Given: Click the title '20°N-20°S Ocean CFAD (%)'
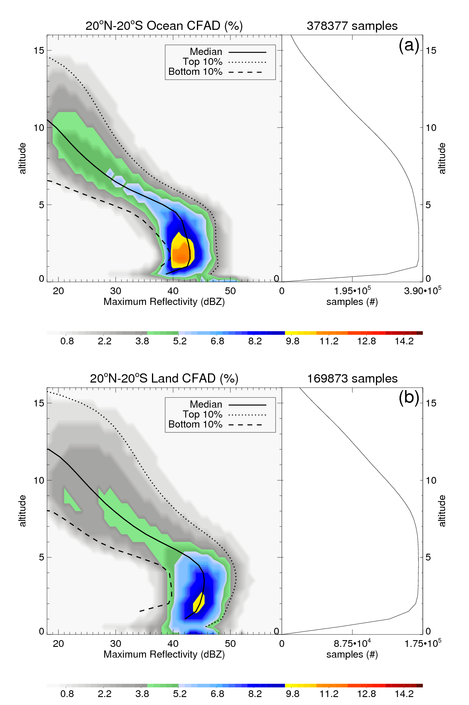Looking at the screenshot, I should click(x=164, y=26).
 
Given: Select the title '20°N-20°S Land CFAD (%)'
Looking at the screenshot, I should click(x=164, y=378).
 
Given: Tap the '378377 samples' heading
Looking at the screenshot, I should click(x=352, y=26).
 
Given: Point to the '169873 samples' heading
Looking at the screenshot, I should click(x=352, y=378).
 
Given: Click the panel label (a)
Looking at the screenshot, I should click(x=409, y=45).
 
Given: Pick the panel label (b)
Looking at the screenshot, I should click(x=409, y=398).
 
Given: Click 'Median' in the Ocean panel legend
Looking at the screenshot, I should click(x=206, y=52).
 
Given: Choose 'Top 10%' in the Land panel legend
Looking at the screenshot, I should click(x=202, y=414).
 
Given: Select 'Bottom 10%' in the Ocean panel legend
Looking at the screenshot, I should click(x=195, y=72).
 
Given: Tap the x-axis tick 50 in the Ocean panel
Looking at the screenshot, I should click(x=230, y=291).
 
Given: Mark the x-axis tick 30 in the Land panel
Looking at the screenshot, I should click(x=116, y=644).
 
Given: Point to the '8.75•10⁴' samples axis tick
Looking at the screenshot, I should click(x=352, y=643).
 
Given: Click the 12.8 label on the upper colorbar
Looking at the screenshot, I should click(x=366, y=341).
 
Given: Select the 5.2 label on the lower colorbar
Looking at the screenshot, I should click(x=180, y=694).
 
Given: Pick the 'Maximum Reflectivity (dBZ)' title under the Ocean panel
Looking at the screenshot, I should click(x=164, y=302).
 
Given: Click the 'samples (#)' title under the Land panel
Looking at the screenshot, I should click(x=352, y=654).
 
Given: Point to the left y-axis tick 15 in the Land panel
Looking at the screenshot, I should click(x=39, y=403).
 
